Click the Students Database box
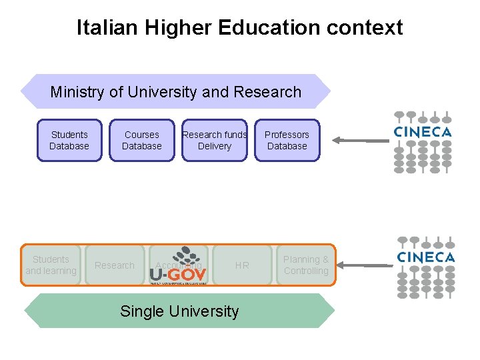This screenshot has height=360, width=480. tap(69, 140)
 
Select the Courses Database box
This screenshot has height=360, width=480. tap(142, 140)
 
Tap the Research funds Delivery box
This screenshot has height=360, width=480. tap(215, 140)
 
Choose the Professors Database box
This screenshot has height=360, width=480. tap(287, 140)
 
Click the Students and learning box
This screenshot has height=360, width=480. tap(51, 265)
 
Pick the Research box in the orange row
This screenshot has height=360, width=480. tap(115, 265)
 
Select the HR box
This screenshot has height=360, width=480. tap(242, 265)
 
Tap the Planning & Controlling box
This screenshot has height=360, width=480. tap(306, 265)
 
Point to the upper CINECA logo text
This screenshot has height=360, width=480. tap(423, 132)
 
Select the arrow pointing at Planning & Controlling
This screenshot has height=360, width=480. tap(365, 265)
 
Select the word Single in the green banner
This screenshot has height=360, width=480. tap(139, 311)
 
